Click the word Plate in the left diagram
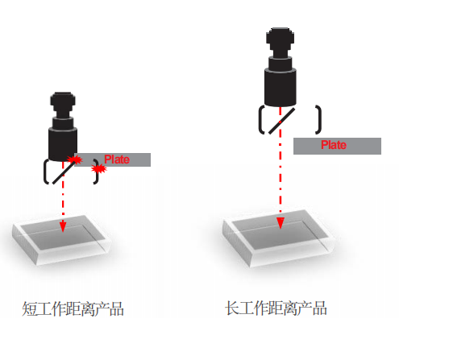click(117, 159)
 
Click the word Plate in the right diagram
click(334, 145)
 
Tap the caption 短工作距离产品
click(73, 308)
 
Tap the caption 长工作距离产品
click(276, 308)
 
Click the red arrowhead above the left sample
click(63, 226)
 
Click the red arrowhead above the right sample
click(281, 223)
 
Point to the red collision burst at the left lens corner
click(75, 159)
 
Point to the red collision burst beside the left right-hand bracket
click(99, 169)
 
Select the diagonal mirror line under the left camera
click(65, 172)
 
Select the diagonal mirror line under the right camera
click(281, 121)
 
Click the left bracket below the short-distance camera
click(46, 172)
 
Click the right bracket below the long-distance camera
click(318, 120)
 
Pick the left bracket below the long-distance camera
click(261, 120)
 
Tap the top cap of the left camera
click(63, 99)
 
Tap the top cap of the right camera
click(280, 35)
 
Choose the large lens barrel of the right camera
click(280, 87)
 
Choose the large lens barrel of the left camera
click(63, 144)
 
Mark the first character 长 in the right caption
click(232, 308)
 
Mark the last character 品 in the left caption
click(117, 309)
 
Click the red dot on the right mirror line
click(280, 122)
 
